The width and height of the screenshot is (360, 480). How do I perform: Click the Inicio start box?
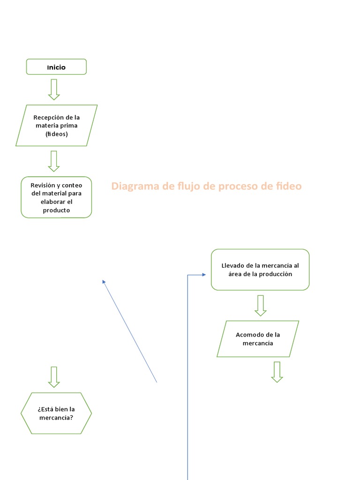(x=56, y=67)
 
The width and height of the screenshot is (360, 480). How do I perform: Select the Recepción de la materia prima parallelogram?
(x=56, y=126)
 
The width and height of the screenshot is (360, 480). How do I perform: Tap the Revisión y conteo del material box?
(x=56, y=197)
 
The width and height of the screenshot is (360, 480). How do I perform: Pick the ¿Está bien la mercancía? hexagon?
(x=56, y=413)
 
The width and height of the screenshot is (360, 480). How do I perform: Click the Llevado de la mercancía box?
(x=260, y=270)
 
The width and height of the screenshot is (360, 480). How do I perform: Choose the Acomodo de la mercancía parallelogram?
(x=258, y=339)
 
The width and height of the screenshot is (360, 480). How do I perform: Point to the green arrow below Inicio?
(x=54, y=90)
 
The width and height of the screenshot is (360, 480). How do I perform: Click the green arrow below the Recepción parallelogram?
(x=54, y=161)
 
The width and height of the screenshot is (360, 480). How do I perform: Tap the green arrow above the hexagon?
(x=54, y=377)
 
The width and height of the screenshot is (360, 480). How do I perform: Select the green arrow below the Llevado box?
(x=261, y=306)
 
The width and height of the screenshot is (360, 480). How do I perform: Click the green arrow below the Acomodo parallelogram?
(x=277, y=372)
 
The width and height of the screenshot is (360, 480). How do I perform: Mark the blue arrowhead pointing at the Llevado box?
(x=203, y=275)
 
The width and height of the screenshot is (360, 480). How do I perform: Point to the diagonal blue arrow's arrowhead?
(x=104, y=281)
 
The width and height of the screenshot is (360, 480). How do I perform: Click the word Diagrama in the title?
(x=135, y=186)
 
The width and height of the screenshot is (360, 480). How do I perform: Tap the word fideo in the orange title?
(x=289, y=186)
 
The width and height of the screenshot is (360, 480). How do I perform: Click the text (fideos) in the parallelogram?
(x=56, y=134)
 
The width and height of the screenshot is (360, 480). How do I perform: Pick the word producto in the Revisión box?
(x=56, y=210)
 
